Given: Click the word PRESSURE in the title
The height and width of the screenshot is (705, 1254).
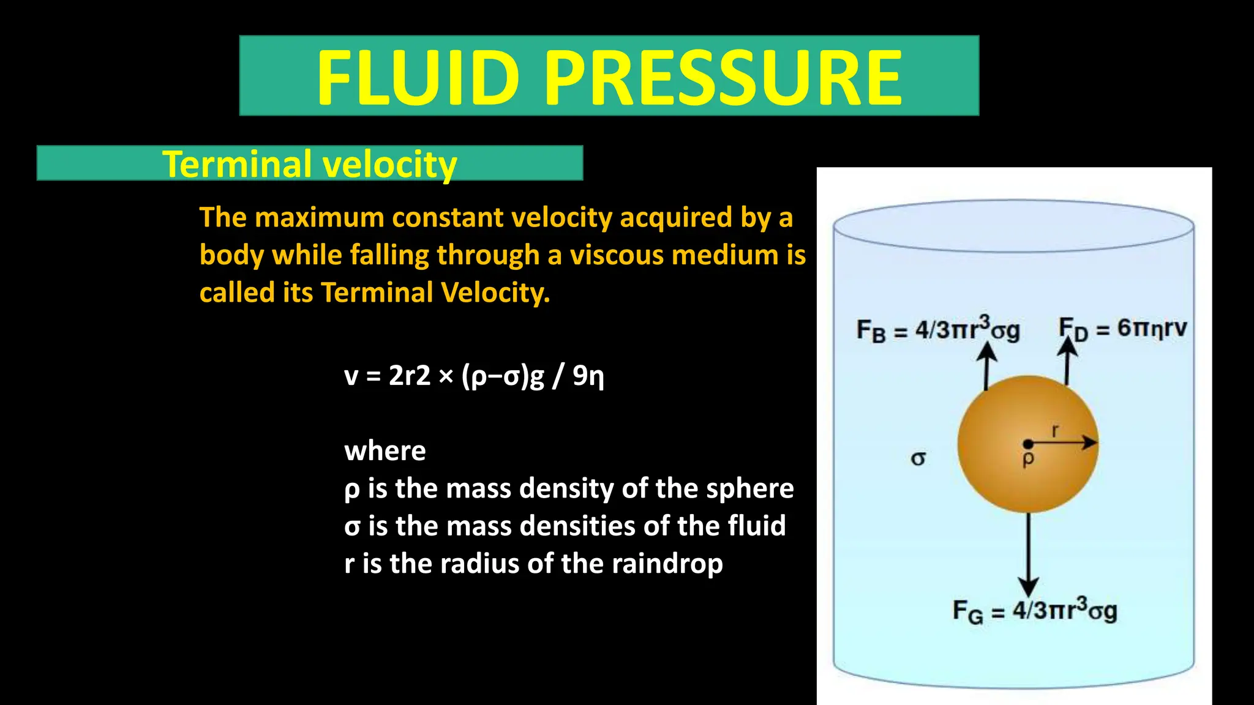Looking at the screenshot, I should pyautogui.click(x=723, y=78).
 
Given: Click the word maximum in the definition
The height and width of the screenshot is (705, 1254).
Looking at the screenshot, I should pyautogui.click(x=319, y=218).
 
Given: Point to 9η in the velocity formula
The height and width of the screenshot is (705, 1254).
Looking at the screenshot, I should pyautogui.click(x=588, y=376).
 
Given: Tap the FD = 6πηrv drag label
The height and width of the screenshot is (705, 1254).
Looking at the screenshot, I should pyautogui.click(x=1123, y=329).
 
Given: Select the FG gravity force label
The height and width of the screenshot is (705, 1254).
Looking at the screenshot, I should pyautogui.click(x=1035, y=610).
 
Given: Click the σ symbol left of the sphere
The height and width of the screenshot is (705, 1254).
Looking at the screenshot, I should pyautogui.click(x=918, y=458).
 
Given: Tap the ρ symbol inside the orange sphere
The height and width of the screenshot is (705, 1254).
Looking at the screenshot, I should pyautogui.click(x=1028, y=458).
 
